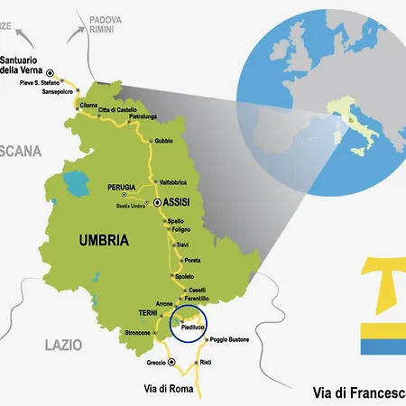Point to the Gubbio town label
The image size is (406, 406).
pos(164,140)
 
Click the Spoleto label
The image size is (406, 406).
pos(184,275)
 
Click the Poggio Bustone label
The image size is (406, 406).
pos(229,340)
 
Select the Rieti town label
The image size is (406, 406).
pos(206,363)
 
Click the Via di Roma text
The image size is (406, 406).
pos(169,389)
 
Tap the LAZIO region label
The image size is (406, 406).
pos(63,345)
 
